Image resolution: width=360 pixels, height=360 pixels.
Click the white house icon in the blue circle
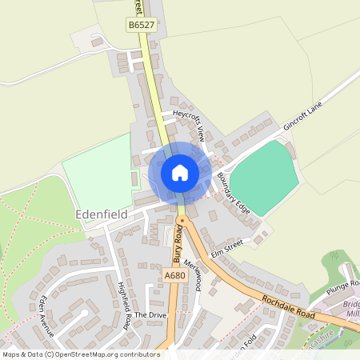pos(180,172)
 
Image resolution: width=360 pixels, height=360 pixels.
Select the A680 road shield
pos(174,274)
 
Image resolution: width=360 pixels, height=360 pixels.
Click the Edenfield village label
pos(101,214)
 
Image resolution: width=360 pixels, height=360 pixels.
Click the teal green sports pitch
pos(264,176)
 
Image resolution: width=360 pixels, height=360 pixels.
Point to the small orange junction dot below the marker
pos(182,217)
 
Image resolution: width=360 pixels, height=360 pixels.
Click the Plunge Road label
pos(344,284)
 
